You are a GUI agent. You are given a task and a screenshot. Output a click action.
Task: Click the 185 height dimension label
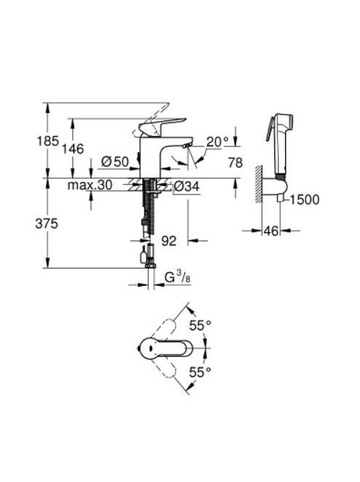point(48,142)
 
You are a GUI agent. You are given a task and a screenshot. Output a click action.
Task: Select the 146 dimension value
point(73,149)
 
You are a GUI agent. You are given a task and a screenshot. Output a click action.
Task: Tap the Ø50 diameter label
point(115,162)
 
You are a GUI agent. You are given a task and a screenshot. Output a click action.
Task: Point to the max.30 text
point(90,185)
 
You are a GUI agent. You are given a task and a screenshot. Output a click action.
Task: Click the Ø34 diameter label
point(187,186)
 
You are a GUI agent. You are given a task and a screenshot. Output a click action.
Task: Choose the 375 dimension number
point(46,224)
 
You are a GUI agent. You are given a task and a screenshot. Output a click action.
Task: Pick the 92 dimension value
point(169,241)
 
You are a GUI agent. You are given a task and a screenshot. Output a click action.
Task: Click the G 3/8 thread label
point(178,277)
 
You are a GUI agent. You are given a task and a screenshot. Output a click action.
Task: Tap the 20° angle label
point(218,142)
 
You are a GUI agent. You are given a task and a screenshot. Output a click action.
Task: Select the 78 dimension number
point(235,163)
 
